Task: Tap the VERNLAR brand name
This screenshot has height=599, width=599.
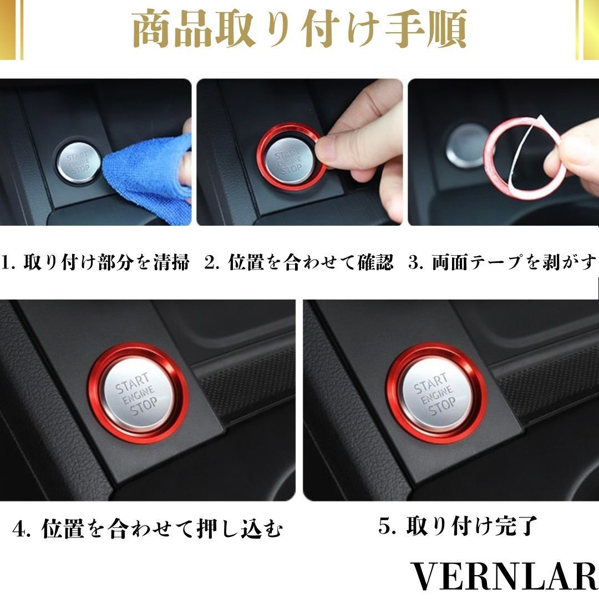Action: (504, 576)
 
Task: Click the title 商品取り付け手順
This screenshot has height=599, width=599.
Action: (299, 29)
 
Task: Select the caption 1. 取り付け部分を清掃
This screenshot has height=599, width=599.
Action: (95, 262)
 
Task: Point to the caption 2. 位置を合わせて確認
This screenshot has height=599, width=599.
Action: (298, 262)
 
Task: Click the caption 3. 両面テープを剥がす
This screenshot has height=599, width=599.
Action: (502, 262)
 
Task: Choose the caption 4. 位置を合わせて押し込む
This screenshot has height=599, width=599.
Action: (148, 529)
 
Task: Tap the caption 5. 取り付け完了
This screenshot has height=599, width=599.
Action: (457, 526)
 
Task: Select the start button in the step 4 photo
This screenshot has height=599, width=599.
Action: (138, 393)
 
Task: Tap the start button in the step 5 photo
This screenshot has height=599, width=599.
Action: (436, 393)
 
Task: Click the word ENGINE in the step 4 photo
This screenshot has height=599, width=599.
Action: (138, 395)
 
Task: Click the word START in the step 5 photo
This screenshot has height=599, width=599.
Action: (430, 383)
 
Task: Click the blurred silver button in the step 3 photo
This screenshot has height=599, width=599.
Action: (467, 145)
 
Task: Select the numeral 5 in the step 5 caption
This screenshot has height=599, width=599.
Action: (384, 526)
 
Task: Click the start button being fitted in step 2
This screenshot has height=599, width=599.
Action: (290, 161)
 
